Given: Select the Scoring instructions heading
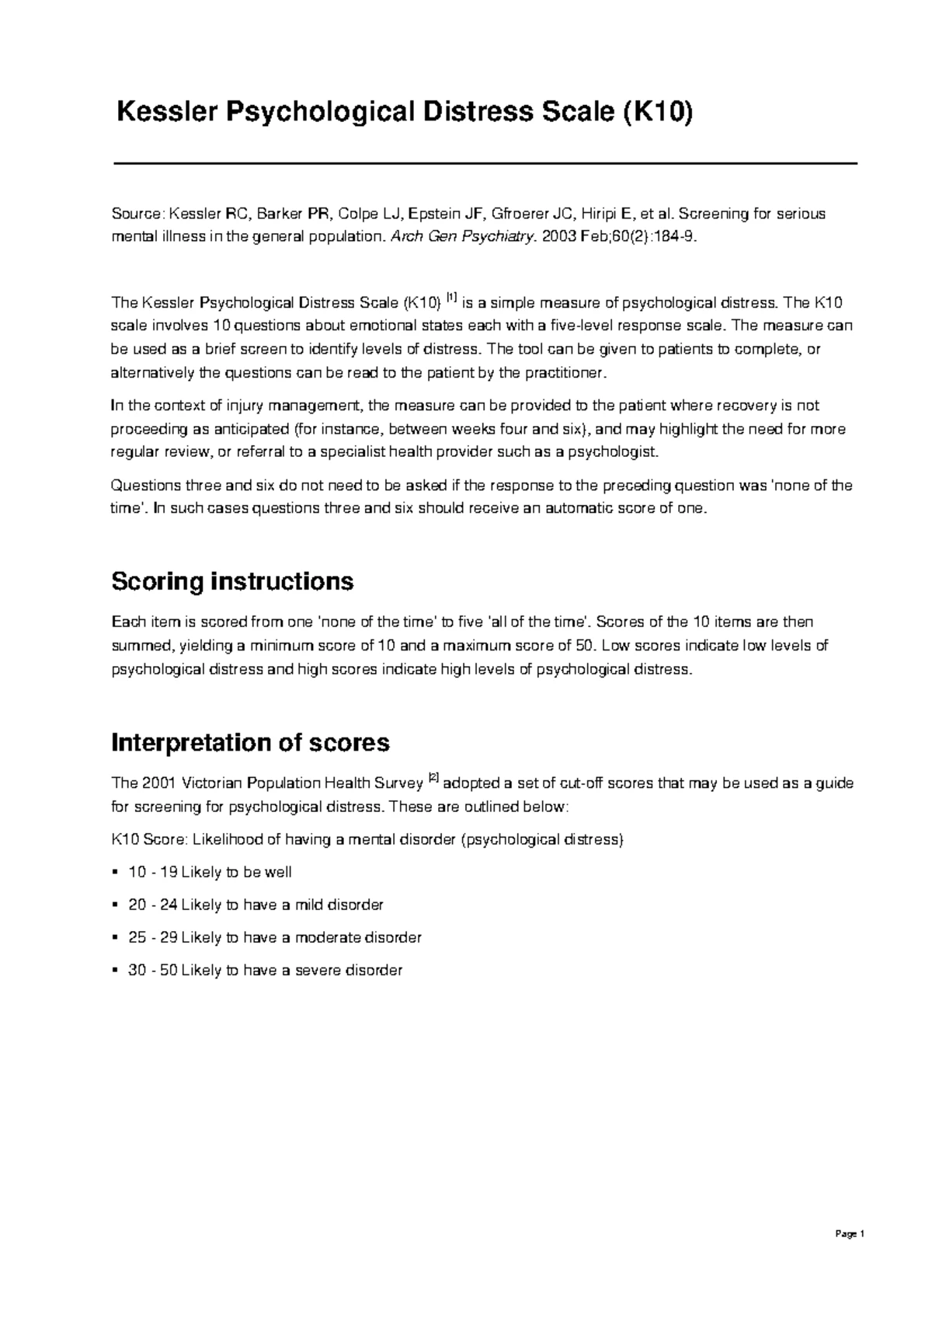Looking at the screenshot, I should pyautogui.click(x=232, y=581).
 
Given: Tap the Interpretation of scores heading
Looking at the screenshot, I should pyautogui.click(x=250, y=743).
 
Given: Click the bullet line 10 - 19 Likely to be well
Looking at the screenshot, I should pyautogui.click(x=210, y=872).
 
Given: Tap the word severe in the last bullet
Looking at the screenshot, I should pyautogui.click(x=318, y=970).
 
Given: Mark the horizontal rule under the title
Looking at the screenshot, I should pyautogui.click(x=485, y=163).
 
